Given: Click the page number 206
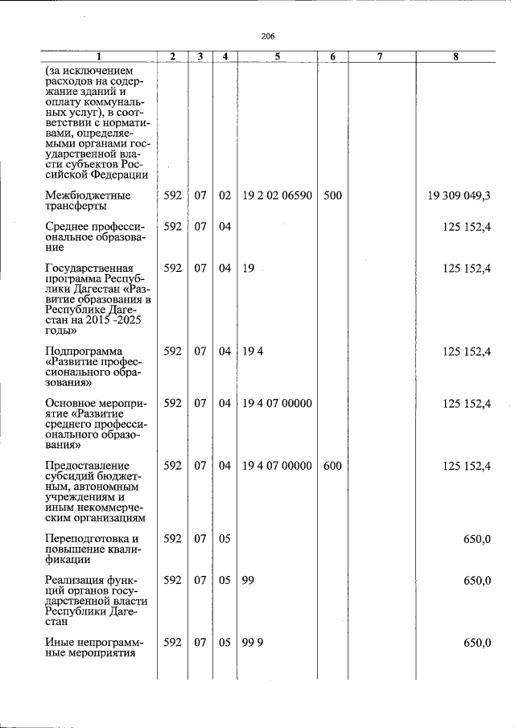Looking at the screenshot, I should pos(269,36).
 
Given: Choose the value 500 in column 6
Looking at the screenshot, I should pos(332,195).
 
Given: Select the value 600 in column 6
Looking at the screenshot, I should pos(332,466).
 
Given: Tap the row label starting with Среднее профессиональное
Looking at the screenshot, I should pos(95,237).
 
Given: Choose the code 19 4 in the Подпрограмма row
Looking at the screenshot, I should pos(253,351).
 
